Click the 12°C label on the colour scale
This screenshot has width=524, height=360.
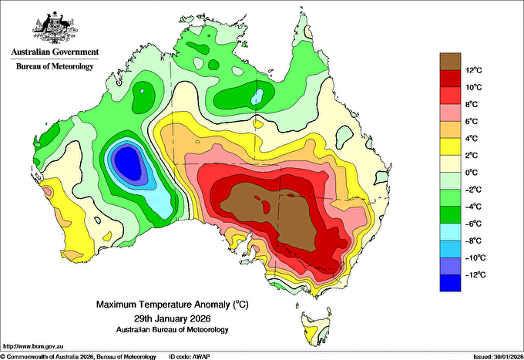[474, 70]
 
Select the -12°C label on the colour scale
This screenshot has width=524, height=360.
[474, 274]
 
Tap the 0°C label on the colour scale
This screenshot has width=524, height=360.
[472, 173]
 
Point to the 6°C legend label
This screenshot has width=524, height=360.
[472, 121]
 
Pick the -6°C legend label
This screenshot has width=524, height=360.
[473, 224]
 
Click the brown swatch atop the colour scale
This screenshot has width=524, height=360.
[450, 62]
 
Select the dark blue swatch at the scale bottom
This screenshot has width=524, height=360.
[450, 283]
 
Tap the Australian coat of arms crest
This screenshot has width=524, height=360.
[55, 28]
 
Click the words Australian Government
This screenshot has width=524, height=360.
[55, 52]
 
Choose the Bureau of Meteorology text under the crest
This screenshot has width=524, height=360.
[55, 66]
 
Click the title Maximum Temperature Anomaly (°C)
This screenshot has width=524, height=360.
[173, 304]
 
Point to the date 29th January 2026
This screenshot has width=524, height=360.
[173, 318]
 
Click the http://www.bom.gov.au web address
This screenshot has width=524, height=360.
[33, 346]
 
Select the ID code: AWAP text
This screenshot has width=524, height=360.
[190, 357]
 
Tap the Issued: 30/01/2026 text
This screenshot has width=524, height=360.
[499, 357]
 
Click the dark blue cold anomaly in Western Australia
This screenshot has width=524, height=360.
[128, 163]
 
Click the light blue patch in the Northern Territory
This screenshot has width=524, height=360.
[257, 96]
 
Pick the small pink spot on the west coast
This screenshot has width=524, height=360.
[48, 191]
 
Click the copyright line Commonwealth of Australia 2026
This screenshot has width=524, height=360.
[79, 357]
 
